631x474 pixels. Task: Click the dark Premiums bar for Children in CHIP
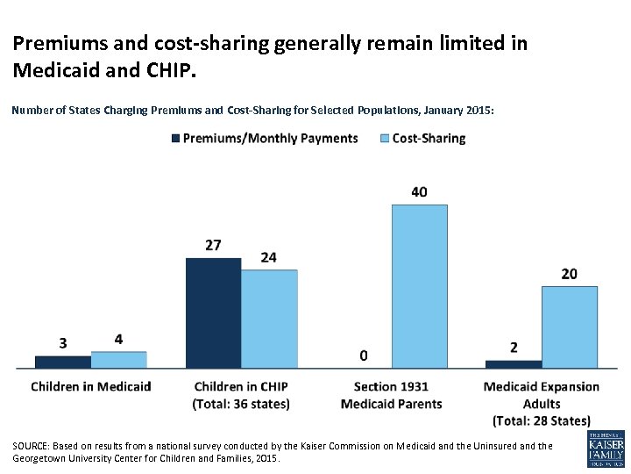pos(213,312)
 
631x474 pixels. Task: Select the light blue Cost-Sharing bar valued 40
pos(419,286)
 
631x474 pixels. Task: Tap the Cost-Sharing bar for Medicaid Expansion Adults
pos(569,327)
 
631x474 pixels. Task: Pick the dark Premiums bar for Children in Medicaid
pos(62,362)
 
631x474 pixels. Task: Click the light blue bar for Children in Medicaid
pos(118,359)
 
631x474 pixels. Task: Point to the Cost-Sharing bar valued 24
pos(269,319)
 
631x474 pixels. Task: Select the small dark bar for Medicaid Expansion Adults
pos(514,363)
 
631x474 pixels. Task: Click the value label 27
pos(213,245)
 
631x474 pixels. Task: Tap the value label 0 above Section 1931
pos(363,355)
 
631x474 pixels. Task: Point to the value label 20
pos(569,274)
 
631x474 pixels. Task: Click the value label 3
pos(63,342)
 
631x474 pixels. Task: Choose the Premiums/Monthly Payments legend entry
pos(264,138)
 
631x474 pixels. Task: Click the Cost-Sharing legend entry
pos(422,138)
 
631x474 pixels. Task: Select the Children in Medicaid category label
pos(91,386)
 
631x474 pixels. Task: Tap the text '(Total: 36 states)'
pos(241,404)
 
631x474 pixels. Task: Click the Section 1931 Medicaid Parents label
pos(391,395)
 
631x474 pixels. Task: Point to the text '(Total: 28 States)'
pos(542,421)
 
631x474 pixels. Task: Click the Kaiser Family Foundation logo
pos(606,449)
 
